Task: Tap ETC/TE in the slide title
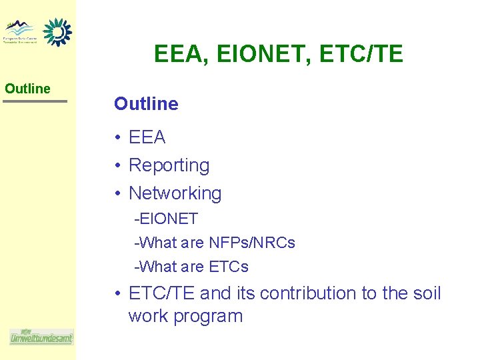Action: pos(362,53)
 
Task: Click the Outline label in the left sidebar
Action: pos(27,89)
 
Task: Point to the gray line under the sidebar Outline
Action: pos(35,101)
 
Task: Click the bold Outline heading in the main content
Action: pos(146,104)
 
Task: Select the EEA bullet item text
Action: pos(147,137)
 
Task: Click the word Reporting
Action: pos(169,165)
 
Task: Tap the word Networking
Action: pos(175,193)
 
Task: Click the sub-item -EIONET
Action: pos(166,219)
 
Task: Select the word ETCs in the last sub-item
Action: pos(229,267)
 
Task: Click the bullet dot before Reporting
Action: pos(117,166)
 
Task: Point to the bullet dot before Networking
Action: pos(117,194)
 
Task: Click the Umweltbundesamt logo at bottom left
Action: pos(41,337)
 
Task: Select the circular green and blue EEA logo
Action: pos(57,31)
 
